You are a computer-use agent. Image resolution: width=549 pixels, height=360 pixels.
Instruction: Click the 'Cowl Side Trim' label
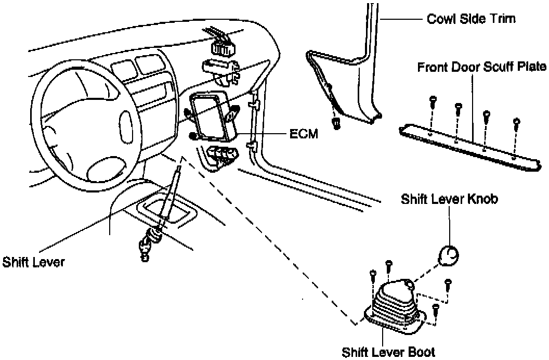point(471,19)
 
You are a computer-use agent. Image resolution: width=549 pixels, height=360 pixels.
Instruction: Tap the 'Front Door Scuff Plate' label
point(482,67)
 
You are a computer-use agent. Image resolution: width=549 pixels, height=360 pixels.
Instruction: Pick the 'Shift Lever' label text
point(33,261)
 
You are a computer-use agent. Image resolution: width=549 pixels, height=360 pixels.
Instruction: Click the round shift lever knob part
point(449,255)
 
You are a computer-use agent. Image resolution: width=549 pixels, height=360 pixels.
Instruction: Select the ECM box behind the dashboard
point(213,117)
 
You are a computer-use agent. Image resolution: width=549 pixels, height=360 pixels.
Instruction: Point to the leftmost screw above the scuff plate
point(433,101)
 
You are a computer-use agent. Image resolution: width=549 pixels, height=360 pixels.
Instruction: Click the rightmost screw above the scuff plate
point(516,123)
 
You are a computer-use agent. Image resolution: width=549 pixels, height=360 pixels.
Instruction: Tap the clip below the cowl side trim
point(336,123)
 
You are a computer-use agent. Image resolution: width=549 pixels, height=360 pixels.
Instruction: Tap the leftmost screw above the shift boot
point(372,274)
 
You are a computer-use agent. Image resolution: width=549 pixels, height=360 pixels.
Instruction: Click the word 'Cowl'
point(439,19)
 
